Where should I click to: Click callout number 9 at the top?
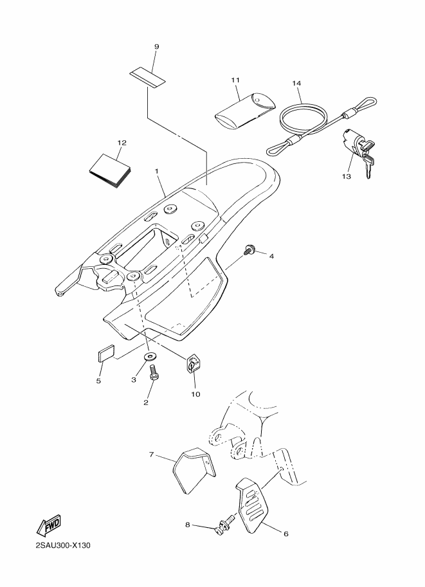tap(156, 47)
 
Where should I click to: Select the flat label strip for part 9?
tap(147, 77)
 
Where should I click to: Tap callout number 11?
tap(235, 80)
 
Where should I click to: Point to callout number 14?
tap(296, 84)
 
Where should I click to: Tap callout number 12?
tap(122, 142)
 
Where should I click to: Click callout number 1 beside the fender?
tap(156, 171)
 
